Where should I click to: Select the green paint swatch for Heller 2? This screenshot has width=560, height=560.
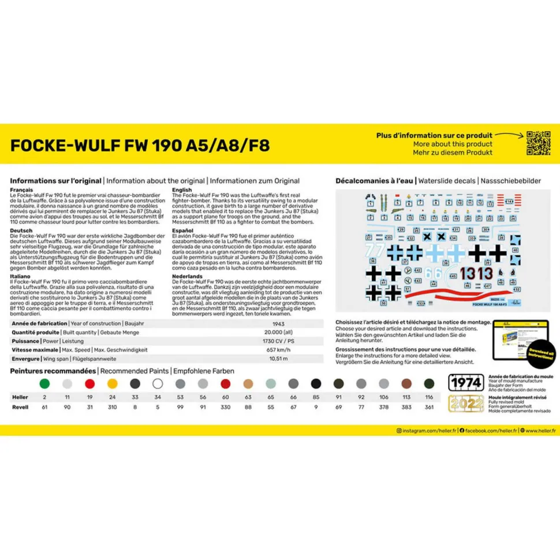tap(44, 383)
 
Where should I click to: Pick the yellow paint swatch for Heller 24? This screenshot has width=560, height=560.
tap(113, 383)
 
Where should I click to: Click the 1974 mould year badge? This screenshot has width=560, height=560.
tap(466, 383)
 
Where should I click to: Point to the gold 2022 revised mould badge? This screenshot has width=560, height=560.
tap(466, 404)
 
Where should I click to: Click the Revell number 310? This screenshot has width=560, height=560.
tap(113, 407)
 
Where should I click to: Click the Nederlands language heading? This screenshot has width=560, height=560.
tap(187, 277)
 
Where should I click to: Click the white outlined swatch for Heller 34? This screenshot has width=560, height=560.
tap(158, 383)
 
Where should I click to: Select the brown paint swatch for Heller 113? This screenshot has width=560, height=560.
tap(406, 383)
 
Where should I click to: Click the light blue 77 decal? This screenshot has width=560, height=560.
tap(375, 251)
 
